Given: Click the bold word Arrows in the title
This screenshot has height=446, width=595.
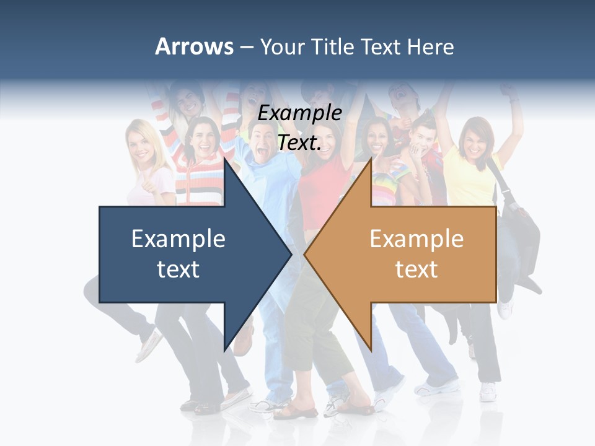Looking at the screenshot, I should point(195,46).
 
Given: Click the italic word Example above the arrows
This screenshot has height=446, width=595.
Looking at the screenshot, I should point(300,113).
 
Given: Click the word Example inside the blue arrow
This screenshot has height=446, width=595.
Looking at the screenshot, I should point(178,239).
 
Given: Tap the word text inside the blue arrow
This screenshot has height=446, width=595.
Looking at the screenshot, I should point(178,269).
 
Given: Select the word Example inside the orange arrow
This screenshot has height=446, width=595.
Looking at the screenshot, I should point(416,239).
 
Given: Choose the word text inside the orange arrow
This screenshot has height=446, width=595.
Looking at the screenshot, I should point(416,269).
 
